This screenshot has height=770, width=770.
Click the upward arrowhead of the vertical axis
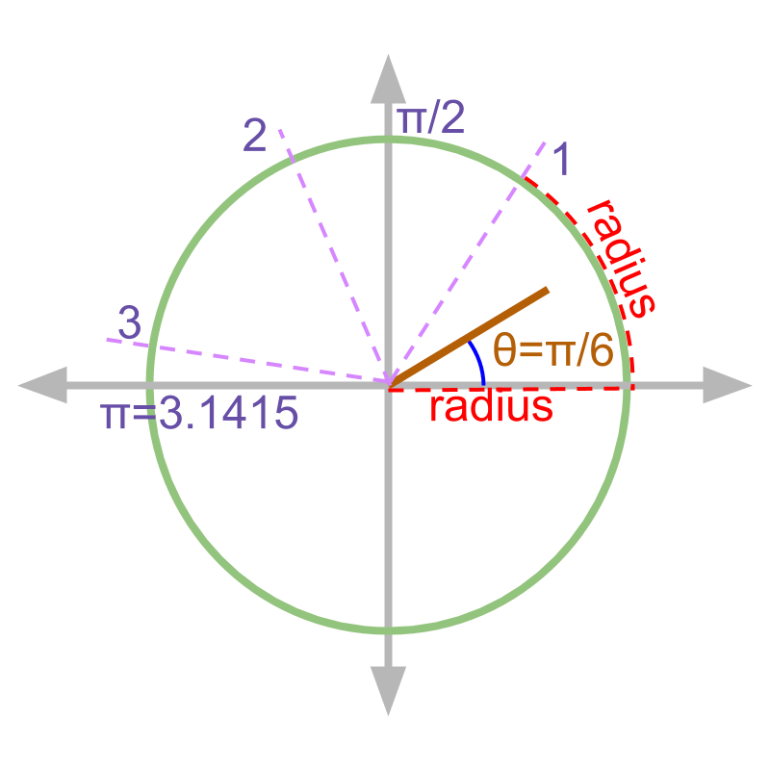tap(389, 77)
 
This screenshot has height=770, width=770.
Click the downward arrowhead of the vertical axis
tap(389, 692)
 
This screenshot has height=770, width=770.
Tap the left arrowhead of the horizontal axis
tap(42, 385)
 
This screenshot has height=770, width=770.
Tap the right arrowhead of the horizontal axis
tap(728, 385)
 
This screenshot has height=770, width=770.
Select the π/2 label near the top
tap(431, 119)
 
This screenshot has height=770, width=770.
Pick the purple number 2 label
tap(254, 137)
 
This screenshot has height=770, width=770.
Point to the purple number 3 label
tap(129, 323)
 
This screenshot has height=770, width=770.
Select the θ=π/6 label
tap(552, 351)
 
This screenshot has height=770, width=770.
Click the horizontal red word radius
tap(490, 407)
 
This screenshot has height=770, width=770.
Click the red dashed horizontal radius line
tap(577, 387)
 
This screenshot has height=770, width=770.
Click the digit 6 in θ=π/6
tap(602, 351)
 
